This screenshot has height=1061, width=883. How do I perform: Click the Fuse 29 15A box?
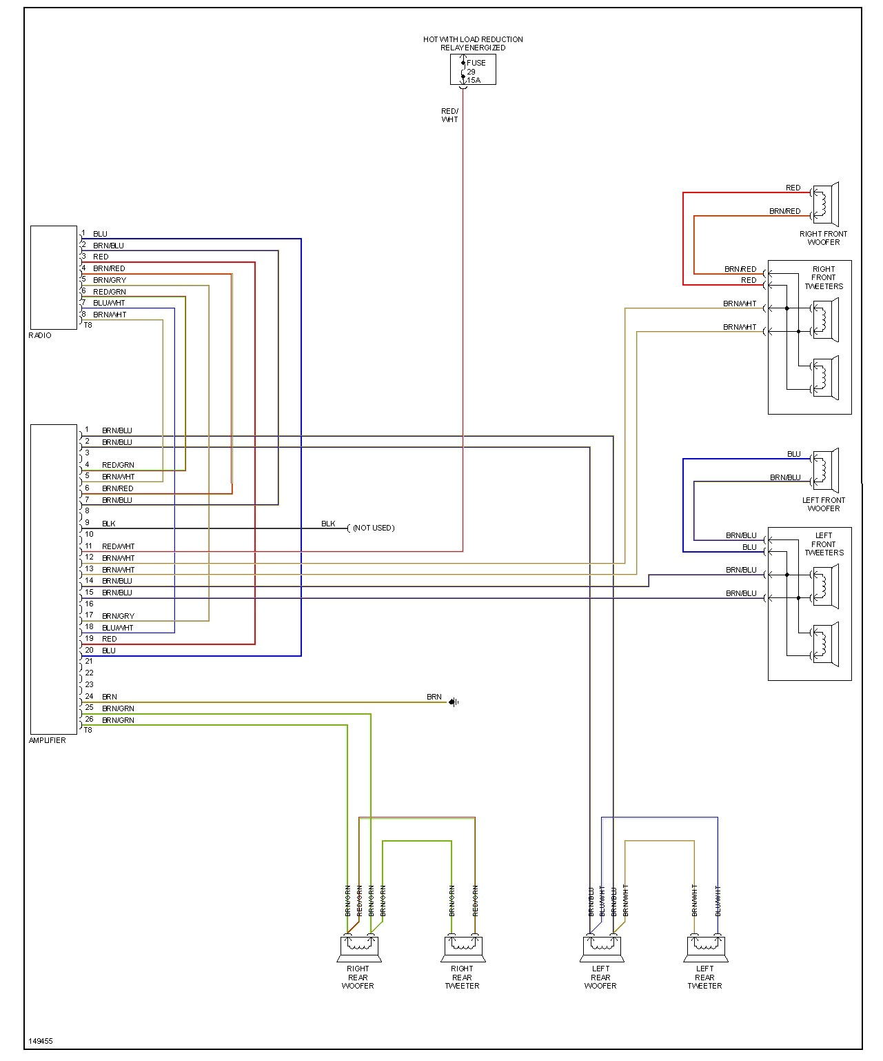coord(473,70)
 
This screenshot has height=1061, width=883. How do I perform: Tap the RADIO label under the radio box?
coord(40,335)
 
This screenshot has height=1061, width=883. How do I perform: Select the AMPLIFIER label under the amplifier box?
coord(48,740)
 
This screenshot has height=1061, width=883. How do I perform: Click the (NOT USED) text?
coord(374,528)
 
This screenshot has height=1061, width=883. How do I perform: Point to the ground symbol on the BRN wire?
coord(454,702)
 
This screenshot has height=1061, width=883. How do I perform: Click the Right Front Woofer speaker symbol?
coord(824,204)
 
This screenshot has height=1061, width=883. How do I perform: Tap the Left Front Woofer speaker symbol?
coord(824,470)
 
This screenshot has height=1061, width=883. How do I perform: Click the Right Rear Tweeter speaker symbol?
coord(463,949)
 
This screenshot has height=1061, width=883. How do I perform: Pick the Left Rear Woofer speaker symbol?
coord(602,949)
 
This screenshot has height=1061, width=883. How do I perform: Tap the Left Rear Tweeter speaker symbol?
coord(706,949)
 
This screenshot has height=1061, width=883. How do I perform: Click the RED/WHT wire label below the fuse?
coord(449,115)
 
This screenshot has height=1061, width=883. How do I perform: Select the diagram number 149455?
coord(41,1041)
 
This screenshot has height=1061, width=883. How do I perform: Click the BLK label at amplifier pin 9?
coord(109,524)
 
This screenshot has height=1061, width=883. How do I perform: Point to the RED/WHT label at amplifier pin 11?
coord(118,546)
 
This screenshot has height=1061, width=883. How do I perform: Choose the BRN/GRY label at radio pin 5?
coord(110,280)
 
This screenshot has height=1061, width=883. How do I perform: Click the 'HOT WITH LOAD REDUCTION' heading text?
coord(473,39)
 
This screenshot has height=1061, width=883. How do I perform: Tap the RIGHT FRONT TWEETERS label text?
coord(824,277)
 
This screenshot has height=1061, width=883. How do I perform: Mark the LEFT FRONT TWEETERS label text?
coord(824,544)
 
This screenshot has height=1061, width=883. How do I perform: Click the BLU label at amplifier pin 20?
coord(109,651)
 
